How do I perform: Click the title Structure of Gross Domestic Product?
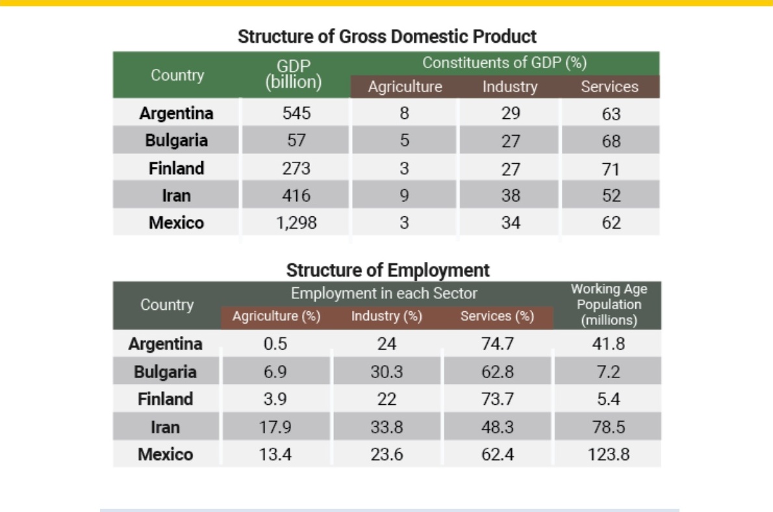387,36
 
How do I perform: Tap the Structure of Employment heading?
388,270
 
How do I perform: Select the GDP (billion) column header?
294,74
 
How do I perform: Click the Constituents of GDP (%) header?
504,62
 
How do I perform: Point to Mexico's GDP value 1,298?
296,222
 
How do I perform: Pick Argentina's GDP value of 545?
296,113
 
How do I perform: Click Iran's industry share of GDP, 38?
511,196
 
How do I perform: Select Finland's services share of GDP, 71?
611,169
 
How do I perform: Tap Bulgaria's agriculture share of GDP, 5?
404,140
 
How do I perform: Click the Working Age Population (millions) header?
609,304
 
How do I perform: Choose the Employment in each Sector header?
384,294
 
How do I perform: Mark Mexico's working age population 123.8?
609,454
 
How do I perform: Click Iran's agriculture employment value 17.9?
275,427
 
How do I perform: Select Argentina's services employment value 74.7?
498,344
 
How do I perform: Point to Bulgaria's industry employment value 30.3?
386,372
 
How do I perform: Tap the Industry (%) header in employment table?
386,316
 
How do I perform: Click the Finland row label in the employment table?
165,399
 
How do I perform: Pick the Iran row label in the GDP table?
177,196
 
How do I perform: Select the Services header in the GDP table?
609,87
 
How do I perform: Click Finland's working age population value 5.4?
609,399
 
